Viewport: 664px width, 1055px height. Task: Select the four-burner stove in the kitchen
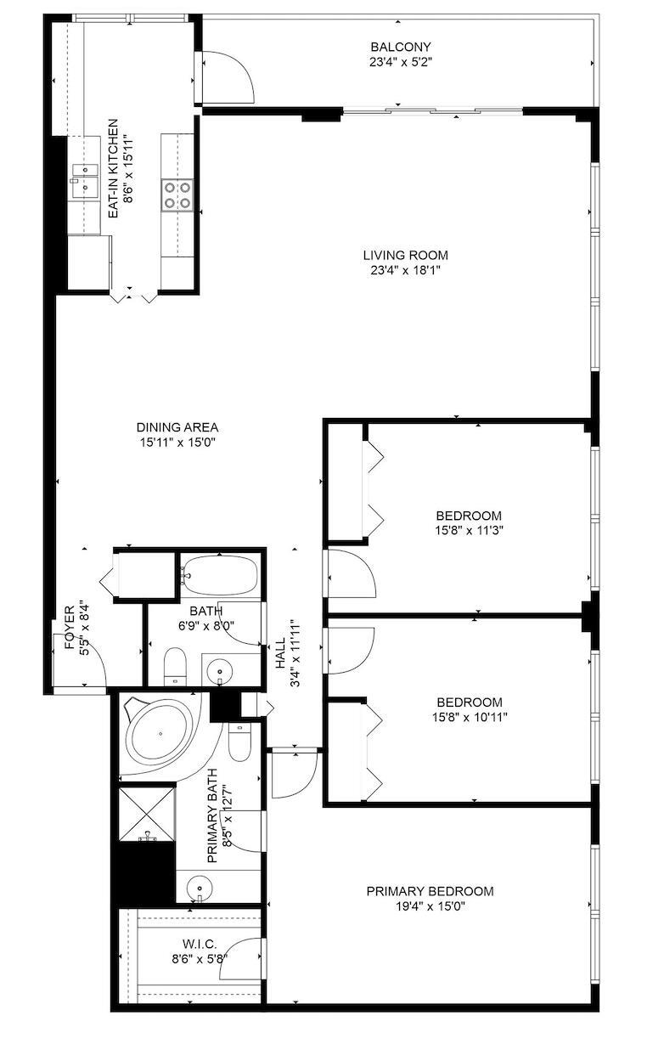(x=177, y=195)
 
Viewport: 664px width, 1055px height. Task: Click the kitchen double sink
(x=85, y=180)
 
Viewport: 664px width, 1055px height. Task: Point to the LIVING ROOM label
(x=405, y=255)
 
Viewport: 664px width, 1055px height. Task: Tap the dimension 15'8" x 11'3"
(x=469, y=530)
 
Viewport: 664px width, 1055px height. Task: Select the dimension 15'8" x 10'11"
(x=469, y=717)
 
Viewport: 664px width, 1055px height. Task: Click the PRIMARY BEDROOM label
(x=430, y=891)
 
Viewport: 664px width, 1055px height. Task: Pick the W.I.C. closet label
(x=199, y=944)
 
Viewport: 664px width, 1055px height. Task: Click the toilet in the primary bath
(x=240, y=742)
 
